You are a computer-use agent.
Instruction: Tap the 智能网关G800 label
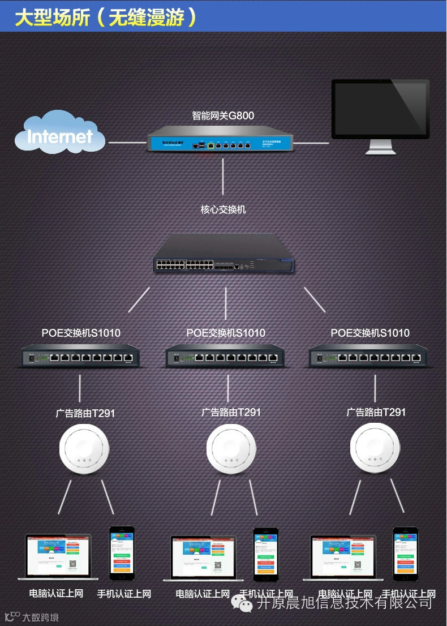(x=223, y=116)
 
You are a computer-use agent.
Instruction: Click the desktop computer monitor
(x=380, y=114)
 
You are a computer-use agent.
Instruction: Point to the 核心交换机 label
(x=223, y=209)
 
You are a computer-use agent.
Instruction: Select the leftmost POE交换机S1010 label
(x=81, y=333)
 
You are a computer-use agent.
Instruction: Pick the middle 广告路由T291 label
(x=231, y=412)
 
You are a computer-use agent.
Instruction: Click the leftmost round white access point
(x=84, y=450)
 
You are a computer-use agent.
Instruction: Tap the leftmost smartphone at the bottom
(x=122, y=553)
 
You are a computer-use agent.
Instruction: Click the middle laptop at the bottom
(x=203, y=558)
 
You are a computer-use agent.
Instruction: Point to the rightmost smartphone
(x=406, y=553)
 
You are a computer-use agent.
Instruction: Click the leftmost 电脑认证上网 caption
(x=56, y=594)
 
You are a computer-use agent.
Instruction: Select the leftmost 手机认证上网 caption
(x=124, y=594)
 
